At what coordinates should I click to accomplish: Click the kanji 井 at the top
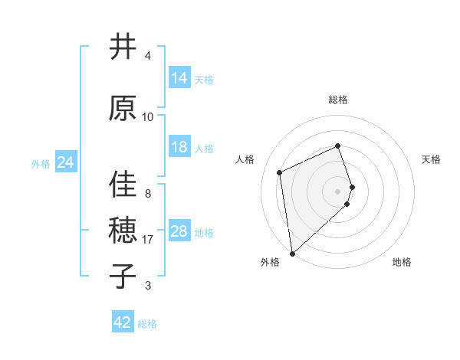click(123, 47)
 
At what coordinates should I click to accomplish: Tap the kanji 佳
click(123, 184)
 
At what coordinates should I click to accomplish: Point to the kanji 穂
click(123, 229)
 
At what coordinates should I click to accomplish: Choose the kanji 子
click(123, 276)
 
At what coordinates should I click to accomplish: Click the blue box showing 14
click(179, 78)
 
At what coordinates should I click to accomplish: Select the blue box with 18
click(179, 147)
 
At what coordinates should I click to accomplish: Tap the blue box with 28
click(179, 231)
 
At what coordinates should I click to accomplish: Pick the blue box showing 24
click(65, 162)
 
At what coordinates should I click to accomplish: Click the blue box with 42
click(123, 322)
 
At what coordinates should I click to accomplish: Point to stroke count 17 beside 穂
click(148, 240)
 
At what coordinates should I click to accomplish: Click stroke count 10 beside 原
click(148, 117)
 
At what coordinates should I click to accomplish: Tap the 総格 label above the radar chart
click(338, 100)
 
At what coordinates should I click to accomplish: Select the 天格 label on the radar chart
click(432, 159)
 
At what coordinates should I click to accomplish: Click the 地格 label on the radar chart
click(402, 262)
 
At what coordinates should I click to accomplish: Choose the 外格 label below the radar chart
click(270, 262)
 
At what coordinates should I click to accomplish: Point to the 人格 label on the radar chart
click(245, 159)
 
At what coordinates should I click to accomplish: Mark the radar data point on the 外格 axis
click(292, 253)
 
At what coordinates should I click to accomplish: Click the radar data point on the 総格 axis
click(338, 146)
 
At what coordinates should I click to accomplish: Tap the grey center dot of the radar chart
click(338, 191)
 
